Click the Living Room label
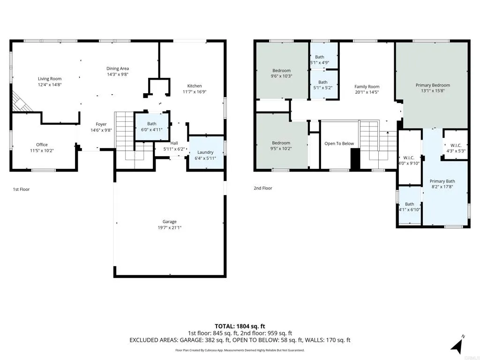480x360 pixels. (50, 79)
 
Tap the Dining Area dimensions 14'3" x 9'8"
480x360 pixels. (118, 74)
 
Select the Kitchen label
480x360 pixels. (195, 86)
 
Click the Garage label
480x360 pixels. (170, 222)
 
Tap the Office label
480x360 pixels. (42, 144)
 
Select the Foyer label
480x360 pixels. (101, 124)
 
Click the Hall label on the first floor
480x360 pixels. (174, 143)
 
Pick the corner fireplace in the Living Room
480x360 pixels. (20, 102)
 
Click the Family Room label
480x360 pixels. (367, 87)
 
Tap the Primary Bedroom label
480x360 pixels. (433, 85)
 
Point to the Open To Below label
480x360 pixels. (339, 143)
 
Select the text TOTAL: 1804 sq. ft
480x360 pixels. (240, 326)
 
